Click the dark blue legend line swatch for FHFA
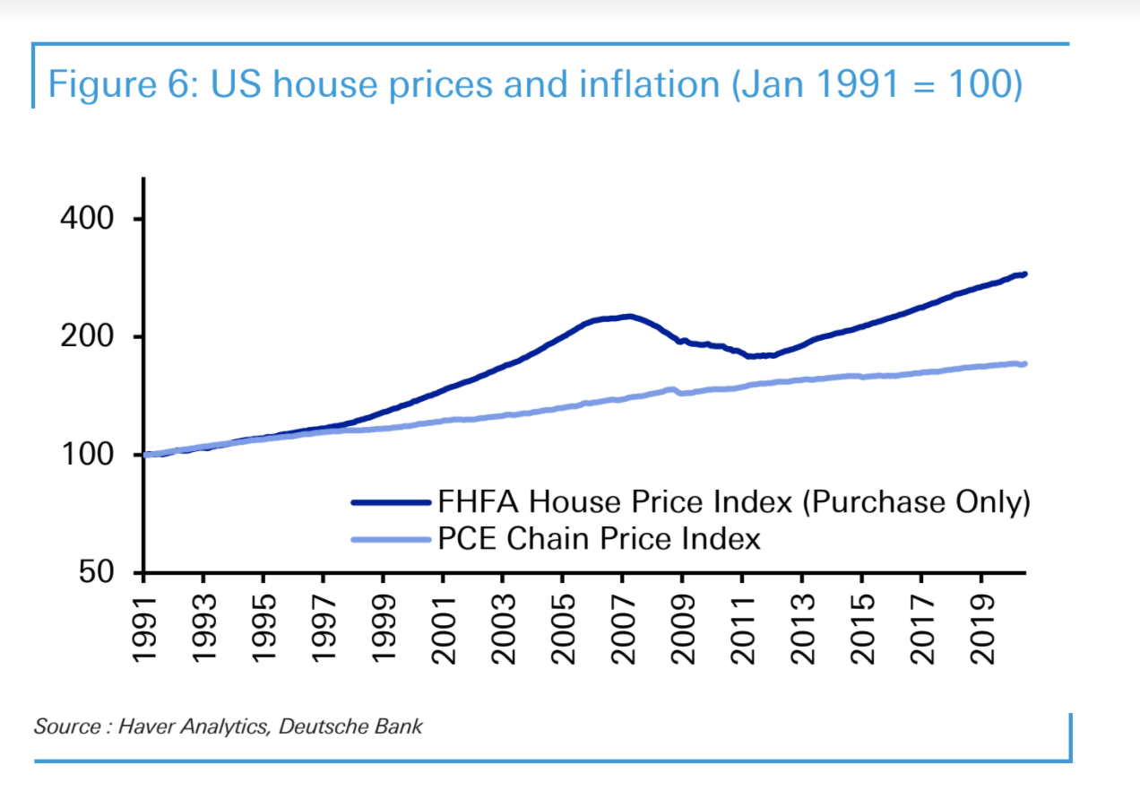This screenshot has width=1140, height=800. (393, 502)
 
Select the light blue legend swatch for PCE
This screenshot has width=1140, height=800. (393, 539)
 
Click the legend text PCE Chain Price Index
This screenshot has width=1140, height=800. (600, 538)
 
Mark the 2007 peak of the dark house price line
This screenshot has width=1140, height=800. (629, 316)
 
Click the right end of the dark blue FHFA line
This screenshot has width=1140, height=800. (1024, 274)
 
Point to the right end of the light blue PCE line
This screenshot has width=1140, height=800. (1024, 363)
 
